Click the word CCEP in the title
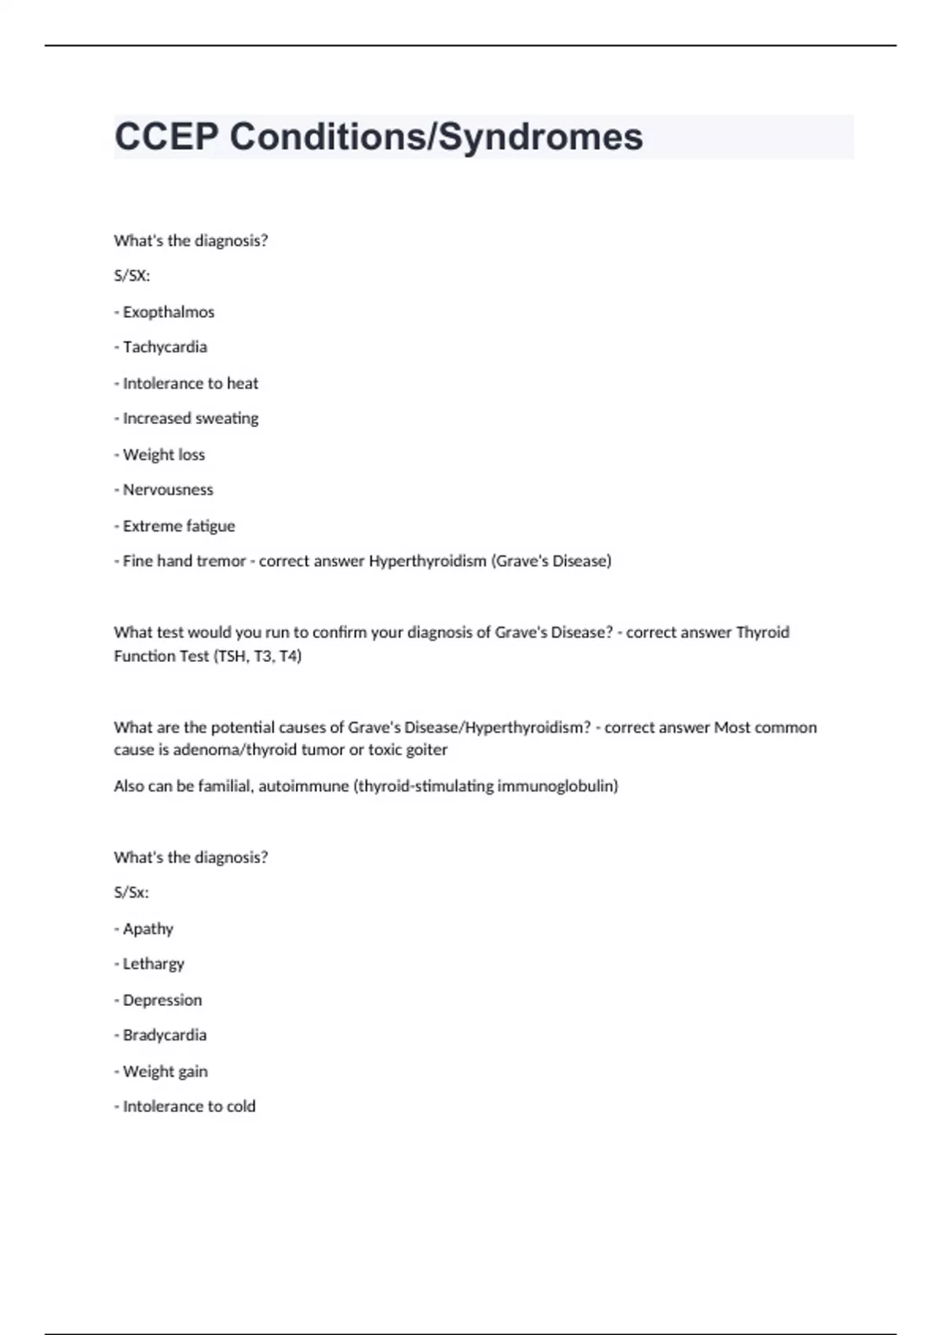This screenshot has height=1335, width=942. coord(166,137)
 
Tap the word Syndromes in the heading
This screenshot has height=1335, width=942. coord(540,137)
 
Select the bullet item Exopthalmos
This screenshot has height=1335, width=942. coord(168,312)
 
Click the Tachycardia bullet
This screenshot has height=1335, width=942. coord(165,347)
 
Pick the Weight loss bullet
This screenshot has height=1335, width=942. coord(163,455)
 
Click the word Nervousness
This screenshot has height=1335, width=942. coord(168,490)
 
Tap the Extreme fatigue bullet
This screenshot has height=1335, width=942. coord(178,526)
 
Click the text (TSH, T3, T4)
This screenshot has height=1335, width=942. coord(257,656)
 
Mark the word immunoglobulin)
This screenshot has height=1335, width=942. coord(557,786)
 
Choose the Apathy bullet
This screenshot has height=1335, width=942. coord(148,929)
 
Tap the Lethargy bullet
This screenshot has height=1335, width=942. coord(153,964)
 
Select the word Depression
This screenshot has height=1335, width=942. coord(162,1000)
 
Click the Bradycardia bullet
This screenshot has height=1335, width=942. coord(164,1036)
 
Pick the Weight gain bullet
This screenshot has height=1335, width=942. coord(165,1072)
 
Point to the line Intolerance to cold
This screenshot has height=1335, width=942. coord(188,1107)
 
